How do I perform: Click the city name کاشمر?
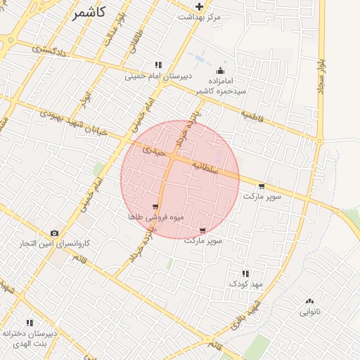89,13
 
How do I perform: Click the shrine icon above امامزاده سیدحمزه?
221,70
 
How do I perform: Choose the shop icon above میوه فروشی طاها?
155,207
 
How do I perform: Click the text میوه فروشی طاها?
155,217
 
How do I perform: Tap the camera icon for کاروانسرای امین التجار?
54,233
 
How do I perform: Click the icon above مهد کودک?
245,274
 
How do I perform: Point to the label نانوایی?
310,311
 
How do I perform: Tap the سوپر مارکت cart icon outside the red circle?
262,186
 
